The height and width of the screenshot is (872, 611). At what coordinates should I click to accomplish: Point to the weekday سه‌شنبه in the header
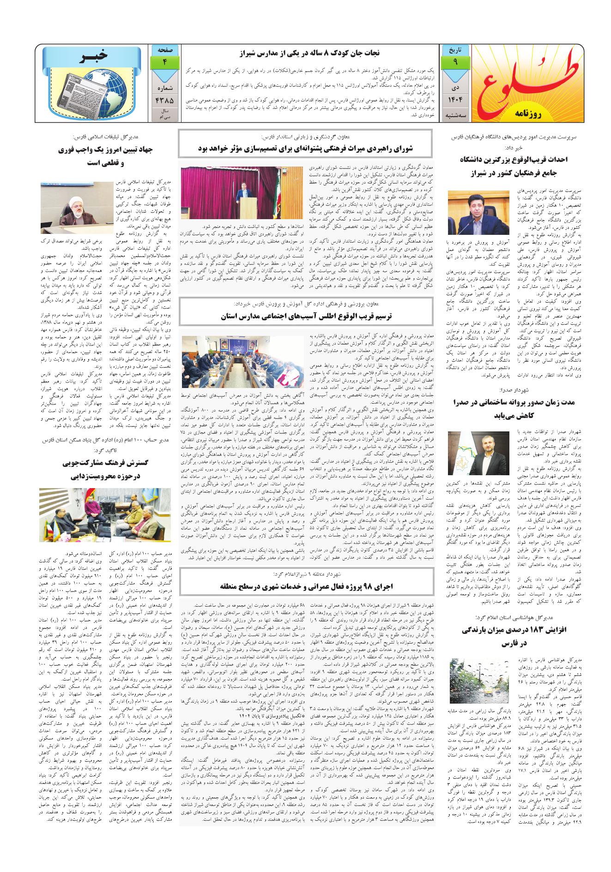click(455, 117)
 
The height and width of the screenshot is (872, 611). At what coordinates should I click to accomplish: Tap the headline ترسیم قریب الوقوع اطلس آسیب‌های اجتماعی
click(307, 317)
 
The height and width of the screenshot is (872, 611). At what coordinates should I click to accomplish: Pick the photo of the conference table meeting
click(242, 362)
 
